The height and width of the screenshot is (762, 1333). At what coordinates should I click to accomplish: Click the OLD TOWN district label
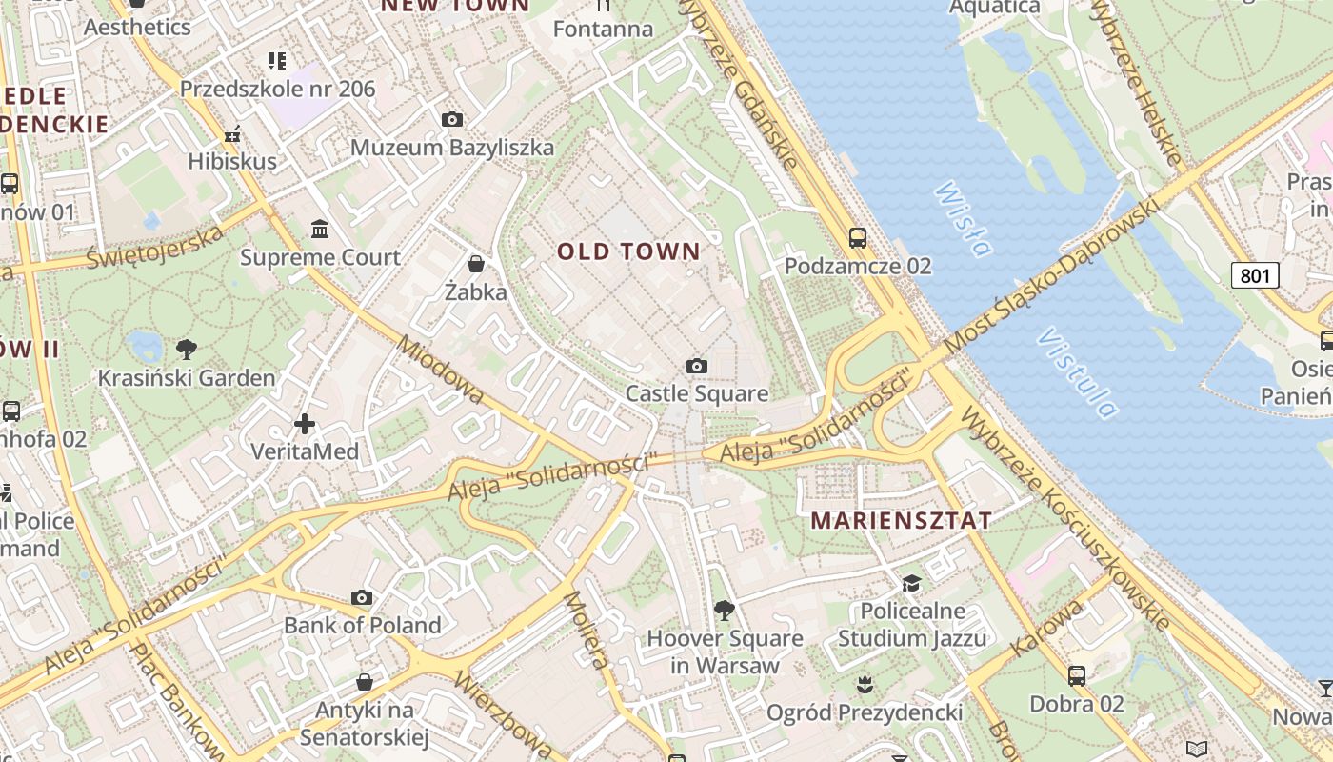[x=628, y=251]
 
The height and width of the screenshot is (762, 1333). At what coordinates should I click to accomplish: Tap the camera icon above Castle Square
[x=697, y=366]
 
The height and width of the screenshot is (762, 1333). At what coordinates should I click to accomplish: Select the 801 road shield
[x=1255, y=276]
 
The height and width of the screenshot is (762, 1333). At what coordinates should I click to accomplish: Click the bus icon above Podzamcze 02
[x=858, y=237]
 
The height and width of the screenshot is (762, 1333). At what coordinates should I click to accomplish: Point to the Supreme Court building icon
[x=320, y=230]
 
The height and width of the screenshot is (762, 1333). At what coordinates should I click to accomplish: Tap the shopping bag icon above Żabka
[x=475, y=263]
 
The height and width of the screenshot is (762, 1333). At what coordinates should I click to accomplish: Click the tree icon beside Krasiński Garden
[x=187, y=350]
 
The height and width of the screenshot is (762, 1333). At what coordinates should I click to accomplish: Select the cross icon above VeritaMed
[x=305, y=423]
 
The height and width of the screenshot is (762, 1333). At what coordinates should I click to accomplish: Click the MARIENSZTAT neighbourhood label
[x=901, y=521]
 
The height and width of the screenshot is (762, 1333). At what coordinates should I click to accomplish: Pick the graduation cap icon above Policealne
[x=912, y=583]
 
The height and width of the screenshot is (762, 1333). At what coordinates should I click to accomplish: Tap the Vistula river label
[x=1078, y=374]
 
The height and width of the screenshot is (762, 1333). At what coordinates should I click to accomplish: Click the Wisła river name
[x=962, y=219]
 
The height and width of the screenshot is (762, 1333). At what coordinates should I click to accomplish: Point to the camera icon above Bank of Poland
[x=362, y=597]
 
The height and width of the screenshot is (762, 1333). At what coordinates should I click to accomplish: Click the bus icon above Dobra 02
[x=1077, y=676]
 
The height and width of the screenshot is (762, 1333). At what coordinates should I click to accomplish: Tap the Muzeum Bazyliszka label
[x=452, y=148]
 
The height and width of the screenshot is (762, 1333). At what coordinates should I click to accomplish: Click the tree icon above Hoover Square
[x=725, y=610]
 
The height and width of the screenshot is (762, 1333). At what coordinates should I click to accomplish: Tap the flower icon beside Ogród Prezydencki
[x=865, y=683]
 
